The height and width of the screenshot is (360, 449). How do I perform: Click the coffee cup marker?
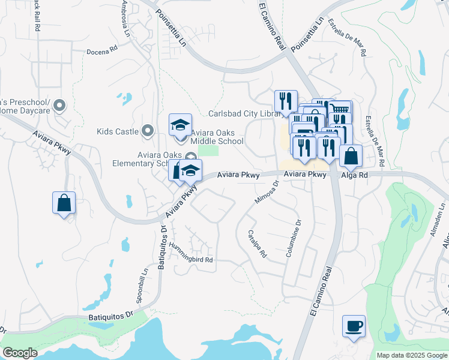pos(353,326)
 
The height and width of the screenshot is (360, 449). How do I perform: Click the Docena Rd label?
pos(101,52)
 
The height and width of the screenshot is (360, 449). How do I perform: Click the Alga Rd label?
pos(355,175)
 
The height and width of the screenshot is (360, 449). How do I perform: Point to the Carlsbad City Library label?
pos(243,113)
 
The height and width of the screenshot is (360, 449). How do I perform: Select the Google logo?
pos(20,353)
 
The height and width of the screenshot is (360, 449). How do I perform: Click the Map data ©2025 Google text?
pos(411,355)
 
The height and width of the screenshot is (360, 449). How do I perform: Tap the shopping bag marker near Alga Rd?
pos(351,156)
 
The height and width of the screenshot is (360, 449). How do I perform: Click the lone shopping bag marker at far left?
pos(64,203)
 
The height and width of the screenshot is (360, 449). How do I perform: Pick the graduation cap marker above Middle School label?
pos(180,125)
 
